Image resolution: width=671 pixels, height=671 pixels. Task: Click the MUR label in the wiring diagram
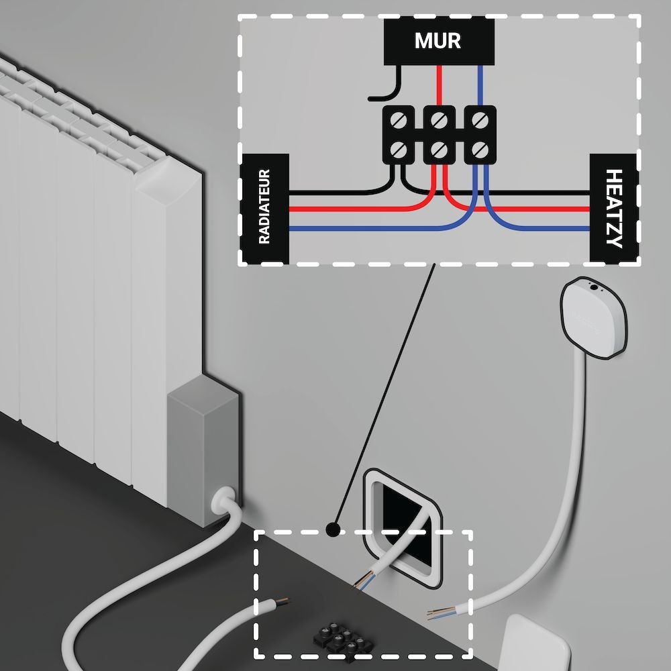(438, 41)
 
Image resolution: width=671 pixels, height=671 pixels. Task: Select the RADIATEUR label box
(264, 208)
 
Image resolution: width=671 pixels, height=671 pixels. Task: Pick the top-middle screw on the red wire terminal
(439, 121)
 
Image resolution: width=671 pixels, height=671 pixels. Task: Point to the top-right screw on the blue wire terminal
(479, 121)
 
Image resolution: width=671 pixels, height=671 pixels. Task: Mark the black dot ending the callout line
(331, 529)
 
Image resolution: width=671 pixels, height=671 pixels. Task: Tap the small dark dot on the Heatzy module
(594, 288)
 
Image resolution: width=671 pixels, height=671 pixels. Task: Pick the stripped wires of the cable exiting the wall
(362, 578)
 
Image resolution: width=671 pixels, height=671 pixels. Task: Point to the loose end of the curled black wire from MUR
(371, 99)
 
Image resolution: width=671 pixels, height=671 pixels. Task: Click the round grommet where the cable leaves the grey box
(221, 500)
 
